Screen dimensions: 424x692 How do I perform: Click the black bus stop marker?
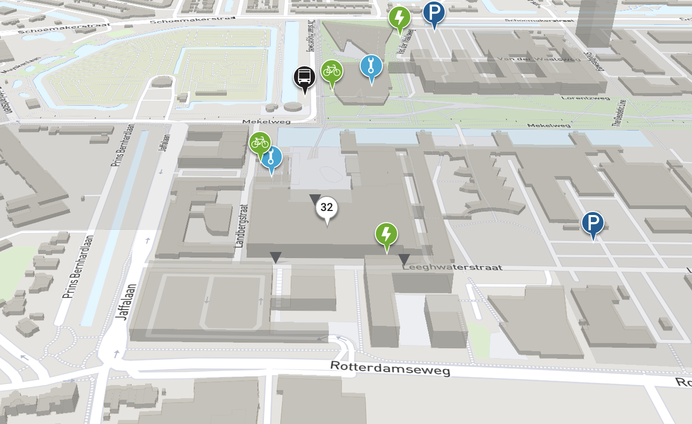pyautogui.click(x=305, y=77)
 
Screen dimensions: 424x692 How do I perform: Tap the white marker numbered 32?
pyautogui.click(x=327, y=207)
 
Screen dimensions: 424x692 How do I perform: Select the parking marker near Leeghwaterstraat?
pyautogui.click(x=592, y=223)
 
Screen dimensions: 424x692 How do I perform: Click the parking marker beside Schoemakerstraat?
pyautogui.click(x=434, y=13)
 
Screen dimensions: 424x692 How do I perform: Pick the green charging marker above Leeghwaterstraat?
pyautogui.click(x=386, y=234)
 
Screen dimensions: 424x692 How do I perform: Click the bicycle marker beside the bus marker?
pyautogui.click(x=331, y=71)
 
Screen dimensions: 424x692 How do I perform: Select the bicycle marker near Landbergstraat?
pyautogui.click(x=259, y=143)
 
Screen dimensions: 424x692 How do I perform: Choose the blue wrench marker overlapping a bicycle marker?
pyautogui.click(x=272, y=158)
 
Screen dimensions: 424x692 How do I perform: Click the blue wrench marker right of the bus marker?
pyautogui.click(x=371, y=66)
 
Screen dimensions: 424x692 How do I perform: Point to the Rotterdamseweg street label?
pyautogui.click(x=390, y=368)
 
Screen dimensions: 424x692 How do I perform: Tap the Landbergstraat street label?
pyautogui.click(x=242, y=225)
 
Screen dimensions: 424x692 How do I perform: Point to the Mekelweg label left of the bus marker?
pyautogui.click(x=261, y=122)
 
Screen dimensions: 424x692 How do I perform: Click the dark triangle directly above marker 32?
pyautogui.click(x=315, y=199)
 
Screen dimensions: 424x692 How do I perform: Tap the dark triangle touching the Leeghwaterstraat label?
pyautogui.click(x=404, y=259)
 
